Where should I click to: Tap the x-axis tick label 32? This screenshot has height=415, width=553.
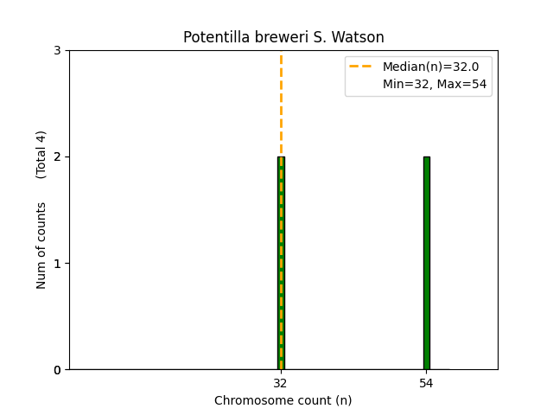(281, 382)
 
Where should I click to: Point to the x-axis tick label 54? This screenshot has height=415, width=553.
(427, 382)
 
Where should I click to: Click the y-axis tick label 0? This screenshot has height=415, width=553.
(58, 370)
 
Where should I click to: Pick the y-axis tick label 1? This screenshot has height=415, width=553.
(58, 264)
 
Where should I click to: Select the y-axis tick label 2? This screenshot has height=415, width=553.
(58, 157)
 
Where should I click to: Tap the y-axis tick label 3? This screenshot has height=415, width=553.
(58, 51)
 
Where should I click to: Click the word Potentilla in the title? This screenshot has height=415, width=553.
(213, 38)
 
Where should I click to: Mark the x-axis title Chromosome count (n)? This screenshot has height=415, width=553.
(283, 400)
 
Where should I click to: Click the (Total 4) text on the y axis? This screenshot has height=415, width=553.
(41, 155)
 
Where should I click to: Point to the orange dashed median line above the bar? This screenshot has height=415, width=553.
(281, 104)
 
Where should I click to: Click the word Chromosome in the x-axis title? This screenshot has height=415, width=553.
(251, 400)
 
